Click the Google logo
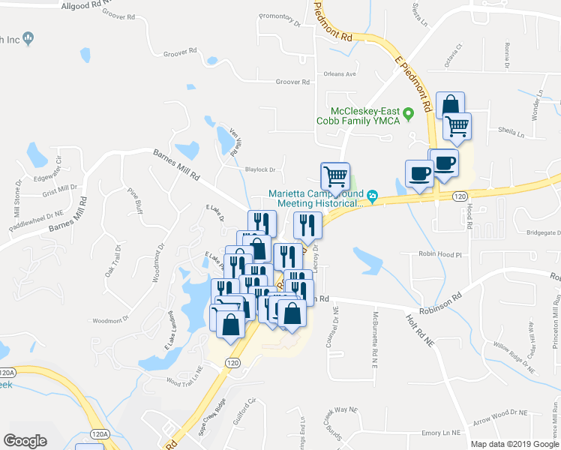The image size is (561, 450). point(25,440)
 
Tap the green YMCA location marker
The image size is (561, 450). point(409,115)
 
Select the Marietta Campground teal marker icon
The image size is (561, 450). point(373,198)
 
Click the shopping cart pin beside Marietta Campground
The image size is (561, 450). point(335,177)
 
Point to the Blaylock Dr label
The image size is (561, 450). point(261,169)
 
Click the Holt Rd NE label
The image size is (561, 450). point(420,330)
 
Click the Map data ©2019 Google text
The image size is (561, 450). point(514,444)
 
